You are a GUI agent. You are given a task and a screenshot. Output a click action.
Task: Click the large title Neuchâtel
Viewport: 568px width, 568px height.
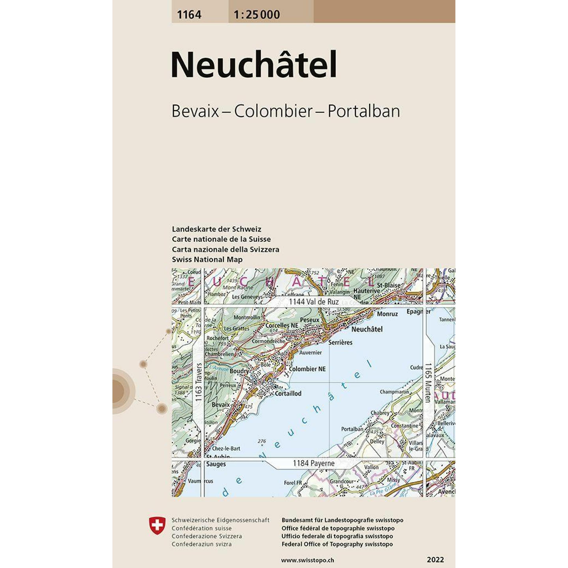pos(254,65)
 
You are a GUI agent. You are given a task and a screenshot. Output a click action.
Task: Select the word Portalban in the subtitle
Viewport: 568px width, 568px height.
pos(364,111)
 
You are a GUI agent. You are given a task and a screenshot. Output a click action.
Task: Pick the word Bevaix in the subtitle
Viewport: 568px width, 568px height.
pos(195,111)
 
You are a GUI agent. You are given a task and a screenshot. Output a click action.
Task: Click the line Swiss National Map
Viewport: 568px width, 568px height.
pos(207,260)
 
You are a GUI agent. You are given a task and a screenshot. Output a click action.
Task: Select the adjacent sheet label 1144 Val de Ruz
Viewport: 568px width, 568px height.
pos(314,302)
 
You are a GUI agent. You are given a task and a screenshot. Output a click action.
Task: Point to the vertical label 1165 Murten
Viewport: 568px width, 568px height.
pos(428,383)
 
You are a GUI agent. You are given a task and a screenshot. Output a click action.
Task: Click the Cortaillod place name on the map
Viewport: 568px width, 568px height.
pos(288,393)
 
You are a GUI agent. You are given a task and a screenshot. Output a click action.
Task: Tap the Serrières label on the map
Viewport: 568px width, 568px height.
pos(340,342)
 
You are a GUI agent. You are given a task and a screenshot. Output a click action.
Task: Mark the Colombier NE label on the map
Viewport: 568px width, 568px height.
pos(307,369)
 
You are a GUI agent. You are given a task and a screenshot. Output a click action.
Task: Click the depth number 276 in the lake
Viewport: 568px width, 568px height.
pos(262,441)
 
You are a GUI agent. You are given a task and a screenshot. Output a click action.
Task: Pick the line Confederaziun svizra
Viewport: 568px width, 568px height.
pos(202,544)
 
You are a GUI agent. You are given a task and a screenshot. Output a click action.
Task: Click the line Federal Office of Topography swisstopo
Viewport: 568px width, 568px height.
pos(337,544)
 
